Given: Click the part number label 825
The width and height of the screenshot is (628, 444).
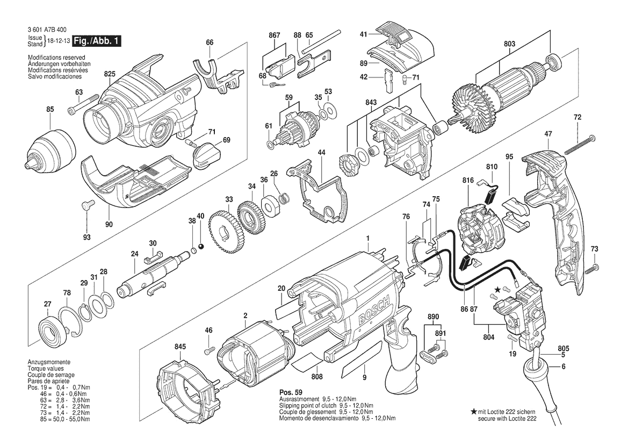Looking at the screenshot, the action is pyautogui.click(x=110, y=74).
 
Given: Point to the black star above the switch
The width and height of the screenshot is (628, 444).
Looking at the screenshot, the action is pyautogui.click(x=498, y=289).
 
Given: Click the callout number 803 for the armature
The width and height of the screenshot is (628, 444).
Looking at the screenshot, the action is pyautogui.click(x=510, y=44).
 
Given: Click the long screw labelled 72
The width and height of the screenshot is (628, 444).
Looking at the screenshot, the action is pyautogui.click(x=580, y=144).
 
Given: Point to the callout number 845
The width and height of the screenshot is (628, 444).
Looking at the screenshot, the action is pyautogui.click(x=180, y=347).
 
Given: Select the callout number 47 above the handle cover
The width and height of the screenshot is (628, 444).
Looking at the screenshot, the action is pyautogui.click(x=548, y=134).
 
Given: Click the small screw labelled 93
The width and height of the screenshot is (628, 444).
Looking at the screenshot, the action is pyautogui.click(x=87, y=205).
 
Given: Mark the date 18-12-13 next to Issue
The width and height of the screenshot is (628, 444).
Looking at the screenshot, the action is pyautogui.click(x=56, y=41).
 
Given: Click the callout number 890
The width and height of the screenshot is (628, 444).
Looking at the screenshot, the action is pyautogui.click(x=433, y=316).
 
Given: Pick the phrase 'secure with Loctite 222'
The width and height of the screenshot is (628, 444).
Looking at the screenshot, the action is pyautogui.click(x=507, y=419).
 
